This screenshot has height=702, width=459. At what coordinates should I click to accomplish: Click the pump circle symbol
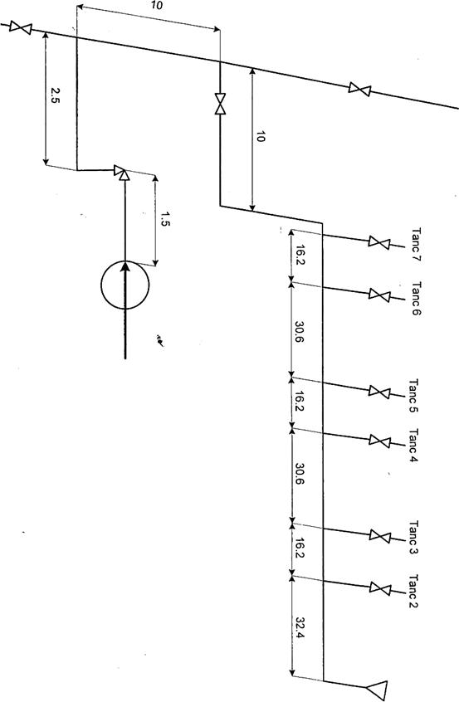tap(101, 285)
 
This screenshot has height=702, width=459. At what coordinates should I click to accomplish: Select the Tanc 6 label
tap(416, 298)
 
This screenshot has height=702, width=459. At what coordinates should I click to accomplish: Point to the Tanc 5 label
tap(413, 396)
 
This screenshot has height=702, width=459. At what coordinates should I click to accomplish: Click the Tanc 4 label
tap(413, 446)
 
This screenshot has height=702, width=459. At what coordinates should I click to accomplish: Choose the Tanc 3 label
tap(413, 538)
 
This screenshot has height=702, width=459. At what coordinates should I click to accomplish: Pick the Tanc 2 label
tap(413, 592)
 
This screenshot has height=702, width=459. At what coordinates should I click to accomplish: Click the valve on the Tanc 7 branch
tap(379, 242)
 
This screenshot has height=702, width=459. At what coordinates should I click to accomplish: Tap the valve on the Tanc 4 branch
tap(380, 441)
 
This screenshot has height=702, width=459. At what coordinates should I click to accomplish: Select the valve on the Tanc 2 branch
tap(380, 587)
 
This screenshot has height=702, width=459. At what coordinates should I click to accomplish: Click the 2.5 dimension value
tap(54, 95)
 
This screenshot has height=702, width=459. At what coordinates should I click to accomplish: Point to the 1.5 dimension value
tap(164, 219)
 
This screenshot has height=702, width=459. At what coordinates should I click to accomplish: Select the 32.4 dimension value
tap(300, 629)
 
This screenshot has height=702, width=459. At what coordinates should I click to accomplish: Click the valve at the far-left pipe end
tap(21, 27)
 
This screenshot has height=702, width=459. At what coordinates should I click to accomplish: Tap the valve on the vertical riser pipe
tap(220, 104)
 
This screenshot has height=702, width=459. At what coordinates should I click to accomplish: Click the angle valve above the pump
tap(122, 173)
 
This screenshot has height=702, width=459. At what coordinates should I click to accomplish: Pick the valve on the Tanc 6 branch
tap(379, 295)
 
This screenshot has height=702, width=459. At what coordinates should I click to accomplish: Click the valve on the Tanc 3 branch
tap(380, 535)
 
